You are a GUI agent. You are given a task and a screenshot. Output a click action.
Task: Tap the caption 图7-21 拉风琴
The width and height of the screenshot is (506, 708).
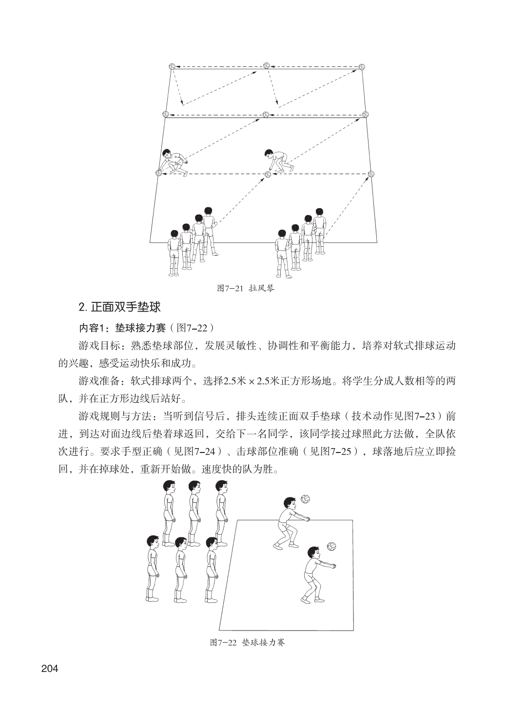click(x=246, y=288)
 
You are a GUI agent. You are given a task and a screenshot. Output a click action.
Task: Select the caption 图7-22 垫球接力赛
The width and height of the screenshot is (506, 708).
click(x=247, y=642)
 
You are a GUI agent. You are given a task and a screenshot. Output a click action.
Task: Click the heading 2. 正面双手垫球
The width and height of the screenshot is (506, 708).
click(x=119, y=307)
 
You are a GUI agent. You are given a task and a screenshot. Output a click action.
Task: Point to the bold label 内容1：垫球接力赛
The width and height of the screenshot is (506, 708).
click(x=118, y=326)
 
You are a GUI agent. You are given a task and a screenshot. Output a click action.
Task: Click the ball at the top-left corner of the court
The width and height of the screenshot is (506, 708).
click(x=172, y=66)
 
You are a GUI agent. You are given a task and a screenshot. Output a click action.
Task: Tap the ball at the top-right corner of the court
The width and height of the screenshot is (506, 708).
click(x=361, y=67)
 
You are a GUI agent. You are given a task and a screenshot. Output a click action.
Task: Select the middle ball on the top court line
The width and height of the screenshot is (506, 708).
click(x=266, y=66)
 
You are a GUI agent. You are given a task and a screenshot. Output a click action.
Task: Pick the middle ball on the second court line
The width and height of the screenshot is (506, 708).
click(x=266, y=115)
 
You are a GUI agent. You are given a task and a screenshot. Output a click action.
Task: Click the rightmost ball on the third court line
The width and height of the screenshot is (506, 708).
click(x=371, y=174)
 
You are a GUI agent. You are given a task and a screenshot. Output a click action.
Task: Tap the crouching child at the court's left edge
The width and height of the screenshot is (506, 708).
click(x=174, y=162)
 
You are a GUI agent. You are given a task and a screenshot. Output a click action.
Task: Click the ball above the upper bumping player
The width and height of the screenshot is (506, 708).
click(x=306, y=499)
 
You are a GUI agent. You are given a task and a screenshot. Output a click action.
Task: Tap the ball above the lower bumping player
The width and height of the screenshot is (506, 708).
click(x=332, y=546)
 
